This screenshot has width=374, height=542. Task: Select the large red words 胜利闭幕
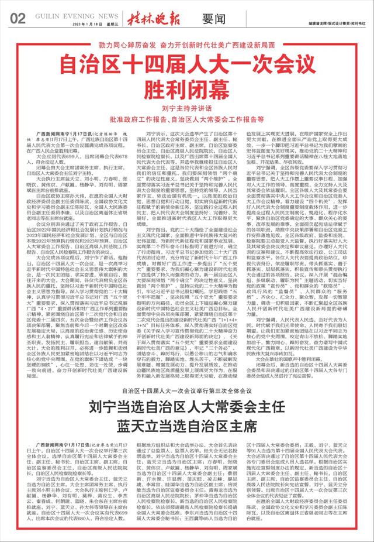pyautogui.click(x=187, y=90)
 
